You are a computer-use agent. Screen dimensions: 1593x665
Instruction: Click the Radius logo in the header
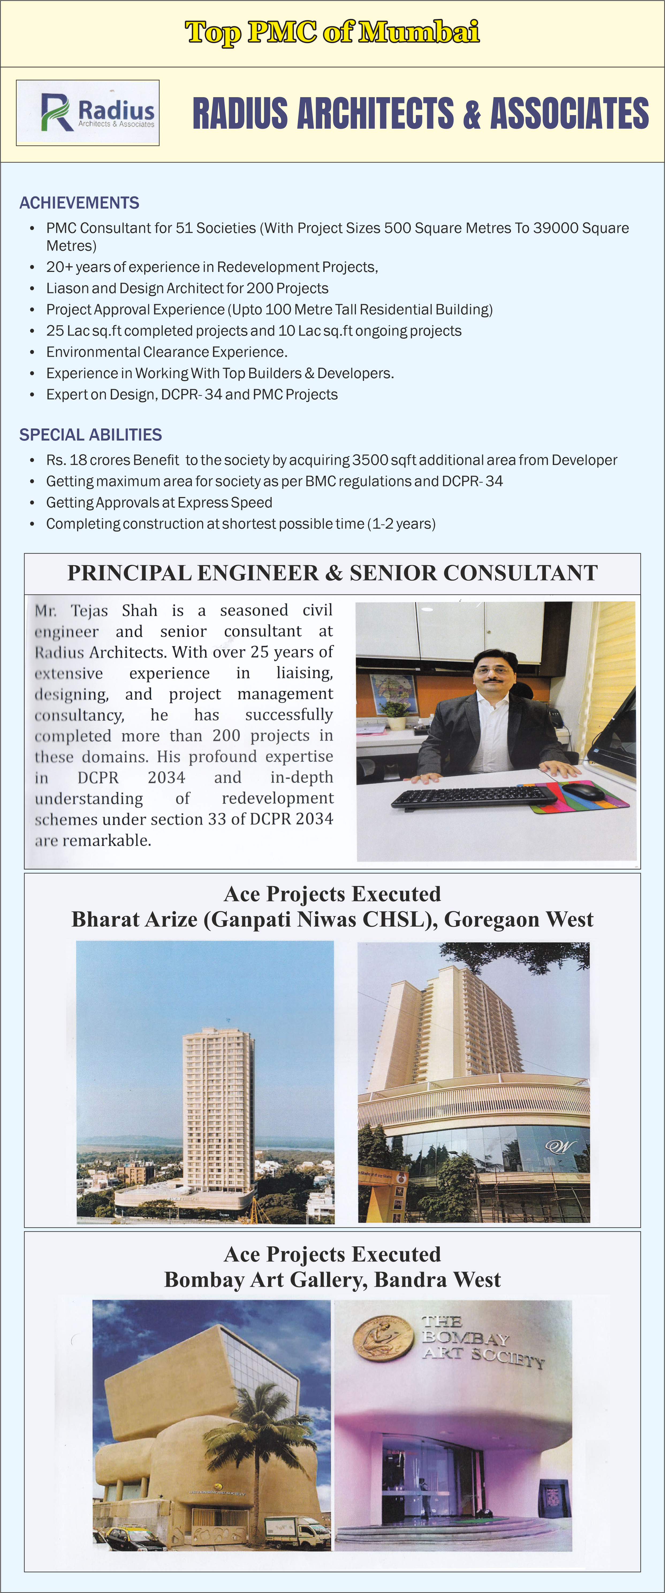click(x=88, y=113)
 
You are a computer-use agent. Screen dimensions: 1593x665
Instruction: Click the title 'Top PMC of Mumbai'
click(x=332, y=32)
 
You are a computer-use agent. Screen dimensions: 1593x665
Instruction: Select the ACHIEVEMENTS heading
click(x=79, y=203)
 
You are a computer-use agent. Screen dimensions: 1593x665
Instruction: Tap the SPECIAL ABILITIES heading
click(x=90, y=435)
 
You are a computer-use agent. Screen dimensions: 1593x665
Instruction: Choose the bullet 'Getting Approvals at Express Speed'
click(x=159, y=503)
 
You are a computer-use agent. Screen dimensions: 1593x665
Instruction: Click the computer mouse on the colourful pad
click(x=583, y=791)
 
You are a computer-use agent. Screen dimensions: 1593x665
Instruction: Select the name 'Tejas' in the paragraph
click(x=89, y=611)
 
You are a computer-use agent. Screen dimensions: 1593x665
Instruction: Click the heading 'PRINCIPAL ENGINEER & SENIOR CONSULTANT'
click(x=332, y=573)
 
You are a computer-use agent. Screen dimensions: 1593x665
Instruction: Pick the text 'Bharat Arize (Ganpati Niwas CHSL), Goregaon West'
click(x=332, y=920)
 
